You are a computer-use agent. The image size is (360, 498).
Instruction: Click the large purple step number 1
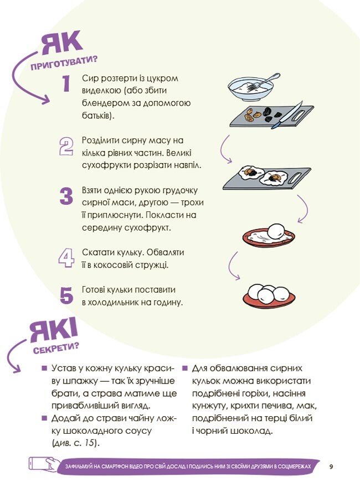pos(66,83)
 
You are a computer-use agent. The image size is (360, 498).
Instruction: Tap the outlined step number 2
pos(66,147)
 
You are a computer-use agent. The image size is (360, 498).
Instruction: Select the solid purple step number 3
pos(66,196)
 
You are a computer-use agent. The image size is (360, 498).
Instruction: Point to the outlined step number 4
pos(66,258)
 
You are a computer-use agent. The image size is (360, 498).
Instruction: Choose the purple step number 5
pos(66,295)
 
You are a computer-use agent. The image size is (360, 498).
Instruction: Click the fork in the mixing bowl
pos(264,82)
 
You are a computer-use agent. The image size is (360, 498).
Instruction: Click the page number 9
pos(331,466)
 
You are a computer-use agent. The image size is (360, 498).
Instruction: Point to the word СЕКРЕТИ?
pos(56,348)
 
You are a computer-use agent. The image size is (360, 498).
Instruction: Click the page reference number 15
pos(90,443)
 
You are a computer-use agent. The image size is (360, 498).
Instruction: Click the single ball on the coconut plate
pos(276,231)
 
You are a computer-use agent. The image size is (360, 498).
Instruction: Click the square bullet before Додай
pos(44,418)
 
